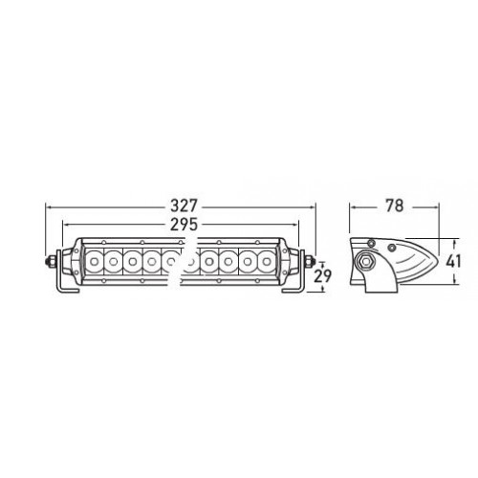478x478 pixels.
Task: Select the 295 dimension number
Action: (180, 225)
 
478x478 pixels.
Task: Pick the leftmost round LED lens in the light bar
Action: (97, 259)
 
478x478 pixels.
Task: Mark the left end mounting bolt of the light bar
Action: (50, 259)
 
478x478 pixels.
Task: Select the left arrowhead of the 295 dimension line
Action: (65, 225)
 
